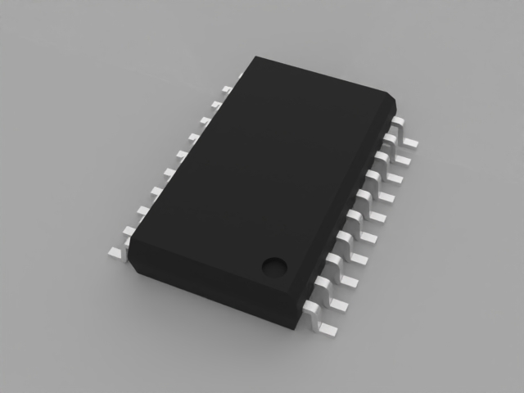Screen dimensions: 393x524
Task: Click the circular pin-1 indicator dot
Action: pos(273,265)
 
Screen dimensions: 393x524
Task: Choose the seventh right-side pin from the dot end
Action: pos(379,196)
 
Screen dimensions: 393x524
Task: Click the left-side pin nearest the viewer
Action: pos(115,254)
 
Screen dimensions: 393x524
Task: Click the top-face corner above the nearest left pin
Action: pos(131,243)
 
